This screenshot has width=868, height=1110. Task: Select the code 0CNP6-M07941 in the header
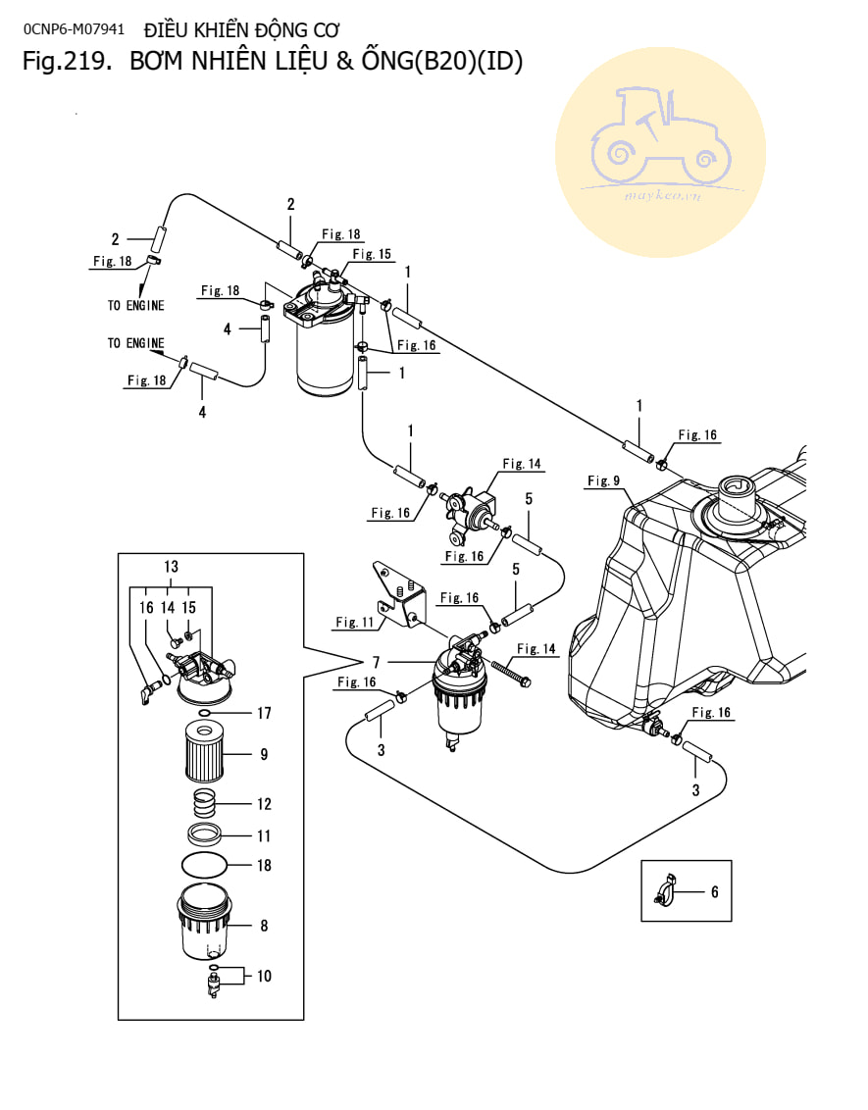click(x=74, y=29)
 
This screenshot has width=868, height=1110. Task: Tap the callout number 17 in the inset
click(x=264, y=713)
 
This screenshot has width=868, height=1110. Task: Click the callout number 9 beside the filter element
click(x=264, y=755)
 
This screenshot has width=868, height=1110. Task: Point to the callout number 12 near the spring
click(x=264, y=804)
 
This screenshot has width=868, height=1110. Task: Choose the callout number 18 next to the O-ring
click(x=264, y=865)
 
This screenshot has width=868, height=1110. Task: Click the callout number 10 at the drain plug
click(x=264, y=977)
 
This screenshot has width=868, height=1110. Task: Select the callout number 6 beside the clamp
click(x=714, y=892)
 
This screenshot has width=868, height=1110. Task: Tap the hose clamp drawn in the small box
click(x=665, y=890)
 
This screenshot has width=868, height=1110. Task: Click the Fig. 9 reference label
click(x=604, y=480)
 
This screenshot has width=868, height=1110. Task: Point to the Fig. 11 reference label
click(x=355, y=623)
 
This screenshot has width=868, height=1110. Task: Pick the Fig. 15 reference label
click(x=372, y=253)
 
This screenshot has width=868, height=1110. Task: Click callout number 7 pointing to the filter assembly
click(x=376, y=663)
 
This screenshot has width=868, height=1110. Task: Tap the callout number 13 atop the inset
click(x=172, y=567)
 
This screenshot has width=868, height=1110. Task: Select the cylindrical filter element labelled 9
click(x=205, y=750)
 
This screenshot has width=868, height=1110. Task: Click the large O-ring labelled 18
click(x=205, y=864)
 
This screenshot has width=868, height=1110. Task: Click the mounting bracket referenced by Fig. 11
click(x=398, y=594)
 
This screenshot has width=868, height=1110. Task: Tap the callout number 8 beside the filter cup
click(x=264, y=926)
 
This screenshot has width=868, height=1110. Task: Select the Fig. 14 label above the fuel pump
click(x=522, y=464)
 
